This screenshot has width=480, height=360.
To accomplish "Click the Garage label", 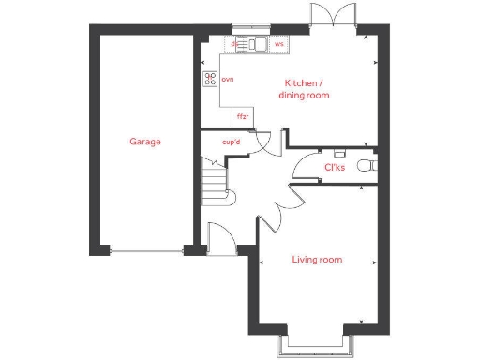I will (x=145, y=142).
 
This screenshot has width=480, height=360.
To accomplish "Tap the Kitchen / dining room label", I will (x=307, y=89).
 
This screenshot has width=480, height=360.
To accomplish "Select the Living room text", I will (x=317, y=260).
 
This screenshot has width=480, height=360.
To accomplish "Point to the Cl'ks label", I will (x=335, y=167).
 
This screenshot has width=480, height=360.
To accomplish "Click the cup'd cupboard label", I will (x=232, y=142).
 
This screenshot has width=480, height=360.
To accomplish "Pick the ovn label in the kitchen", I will (x=227, y=79).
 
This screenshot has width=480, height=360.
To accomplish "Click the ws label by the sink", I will (x=279, y=43).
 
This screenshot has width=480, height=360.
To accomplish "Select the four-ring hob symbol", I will (x=209, y=80).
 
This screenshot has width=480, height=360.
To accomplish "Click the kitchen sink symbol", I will (x=253, y=43).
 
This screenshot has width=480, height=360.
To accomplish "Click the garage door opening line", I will (x=145, y=250).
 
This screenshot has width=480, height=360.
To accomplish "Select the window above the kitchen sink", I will (x=250, y=29).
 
